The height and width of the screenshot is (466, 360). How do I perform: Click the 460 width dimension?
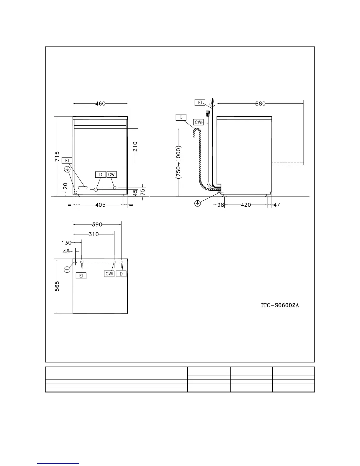coord(100,104)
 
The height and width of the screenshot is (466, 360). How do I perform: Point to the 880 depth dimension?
coord(260,104)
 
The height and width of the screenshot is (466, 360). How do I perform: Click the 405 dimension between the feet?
coord(100,205)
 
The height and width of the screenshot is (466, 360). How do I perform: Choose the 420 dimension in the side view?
coord(246,205)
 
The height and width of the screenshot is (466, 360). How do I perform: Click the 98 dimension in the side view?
coord(221,205)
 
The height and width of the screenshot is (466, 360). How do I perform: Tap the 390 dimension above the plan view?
coord(97,225)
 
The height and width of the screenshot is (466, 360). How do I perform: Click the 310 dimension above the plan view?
coord(94,234)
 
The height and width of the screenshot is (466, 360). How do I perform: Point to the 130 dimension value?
coord(66,243)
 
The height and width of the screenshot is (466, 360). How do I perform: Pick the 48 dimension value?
coord(66,252)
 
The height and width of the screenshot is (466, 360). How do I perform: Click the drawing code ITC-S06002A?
coord(280,305)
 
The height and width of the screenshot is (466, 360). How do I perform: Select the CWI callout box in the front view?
coord(112,174)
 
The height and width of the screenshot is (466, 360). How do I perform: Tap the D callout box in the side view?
coord(181,117)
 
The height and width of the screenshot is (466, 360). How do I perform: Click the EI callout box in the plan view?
coord(81,276)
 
